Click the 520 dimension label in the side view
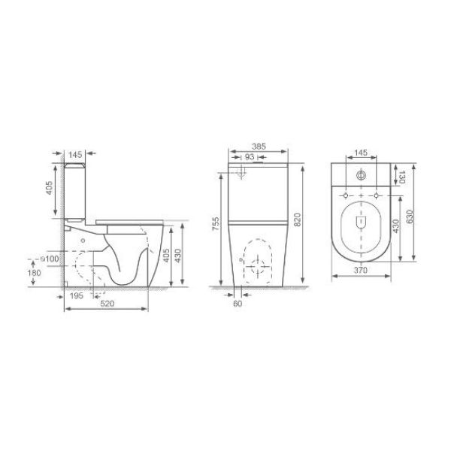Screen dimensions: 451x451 click(107, 304)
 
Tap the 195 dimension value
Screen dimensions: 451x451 click(77, 295)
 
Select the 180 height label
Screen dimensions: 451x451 click(35, 273)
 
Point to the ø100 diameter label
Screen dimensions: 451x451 click(50, 259)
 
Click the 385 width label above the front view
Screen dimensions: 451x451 click(259, 147)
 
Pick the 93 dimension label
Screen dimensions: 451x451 click(250, 157)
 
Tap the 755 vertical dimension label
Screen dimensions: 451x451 click(216, 223)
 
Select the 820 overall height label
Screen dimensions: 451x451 click(297, 219)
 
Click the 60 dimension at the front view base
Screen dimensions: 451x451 click(238, 304)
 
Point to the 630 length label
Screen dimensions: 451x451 click(410, 216)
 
